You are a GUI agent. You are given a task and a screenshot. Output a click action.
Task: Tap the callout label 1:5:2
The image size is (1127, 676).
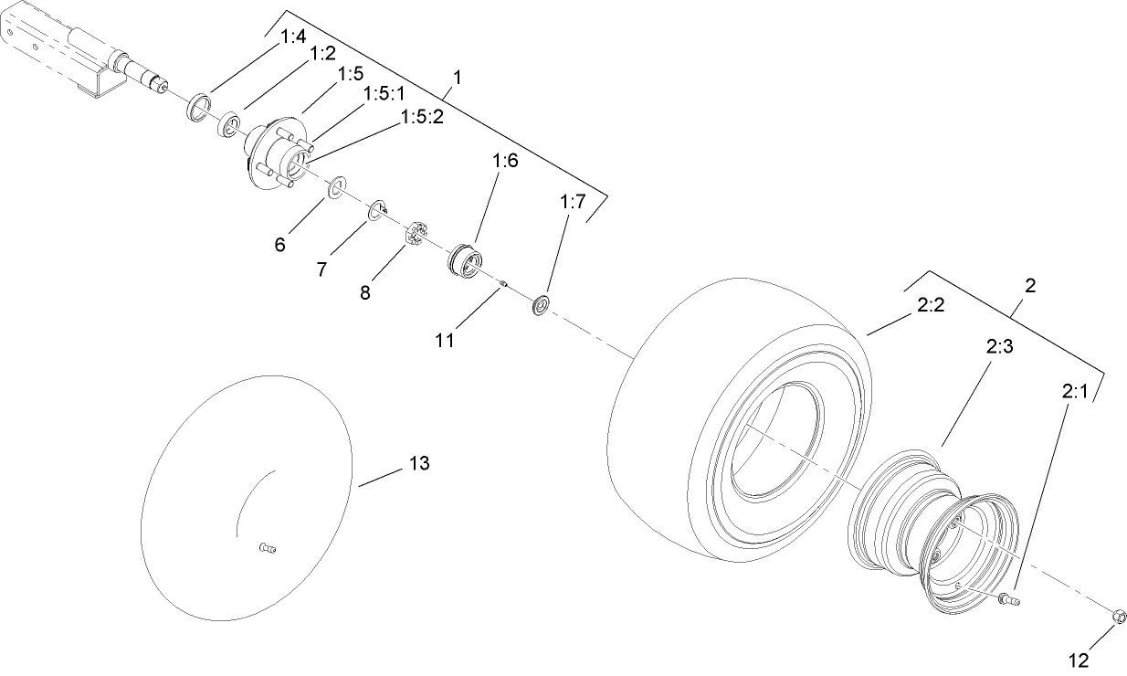point(421,118)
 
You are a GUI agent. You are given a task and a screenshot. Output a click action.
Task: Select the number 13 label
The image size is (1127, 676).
point(418,463)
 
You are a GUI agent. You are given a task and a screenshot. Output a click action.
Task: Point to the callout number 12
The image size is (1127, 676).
point(1080,659)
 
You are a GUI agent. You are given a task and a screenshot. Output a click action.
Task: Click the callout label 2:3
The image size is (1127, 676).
point(1000,348)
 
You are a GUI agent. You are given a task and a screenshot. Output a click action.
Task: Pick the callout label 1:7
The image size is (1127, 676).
point(573,202)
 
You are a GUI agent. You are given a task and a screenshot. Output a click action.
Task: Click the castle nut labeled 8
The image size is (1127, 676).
point(416,234)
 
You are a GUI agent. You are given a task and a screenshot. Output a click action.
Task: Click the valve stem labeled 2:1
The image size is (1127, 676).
point(1008,599)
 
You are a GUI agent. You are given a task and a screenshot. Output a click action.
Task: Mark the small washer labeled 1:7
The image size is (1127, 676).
point(541,304)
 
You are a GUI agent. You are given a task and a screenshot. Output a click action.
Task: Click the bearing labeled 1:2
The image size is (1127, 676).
point(228,124)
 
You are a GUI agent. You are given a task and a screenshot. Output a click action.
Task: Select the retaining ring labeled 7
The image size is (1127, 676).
point(377,212)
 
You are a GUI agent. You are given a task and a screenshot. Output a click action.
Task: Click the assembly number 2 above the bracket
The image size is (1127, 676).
point(1029,285)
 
